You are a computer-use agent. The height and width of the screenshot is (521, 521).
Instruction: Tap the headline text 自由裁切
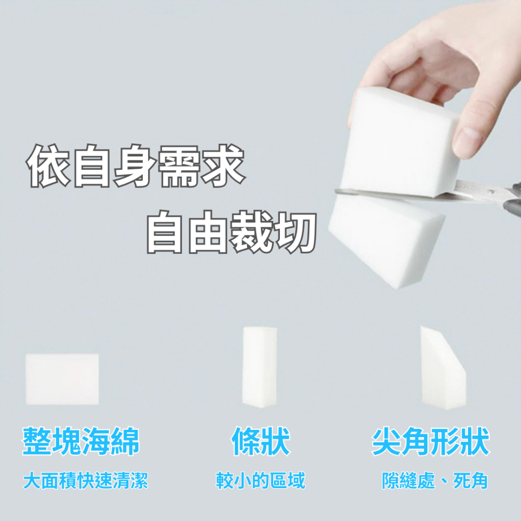click(231, 232)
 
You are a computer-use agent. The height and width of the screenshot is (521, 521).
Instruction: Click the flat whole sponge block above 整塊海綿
click(62, 379)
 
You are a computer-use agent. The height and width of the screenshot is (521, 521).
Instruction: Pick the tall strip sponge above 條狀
click(258, 366)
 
